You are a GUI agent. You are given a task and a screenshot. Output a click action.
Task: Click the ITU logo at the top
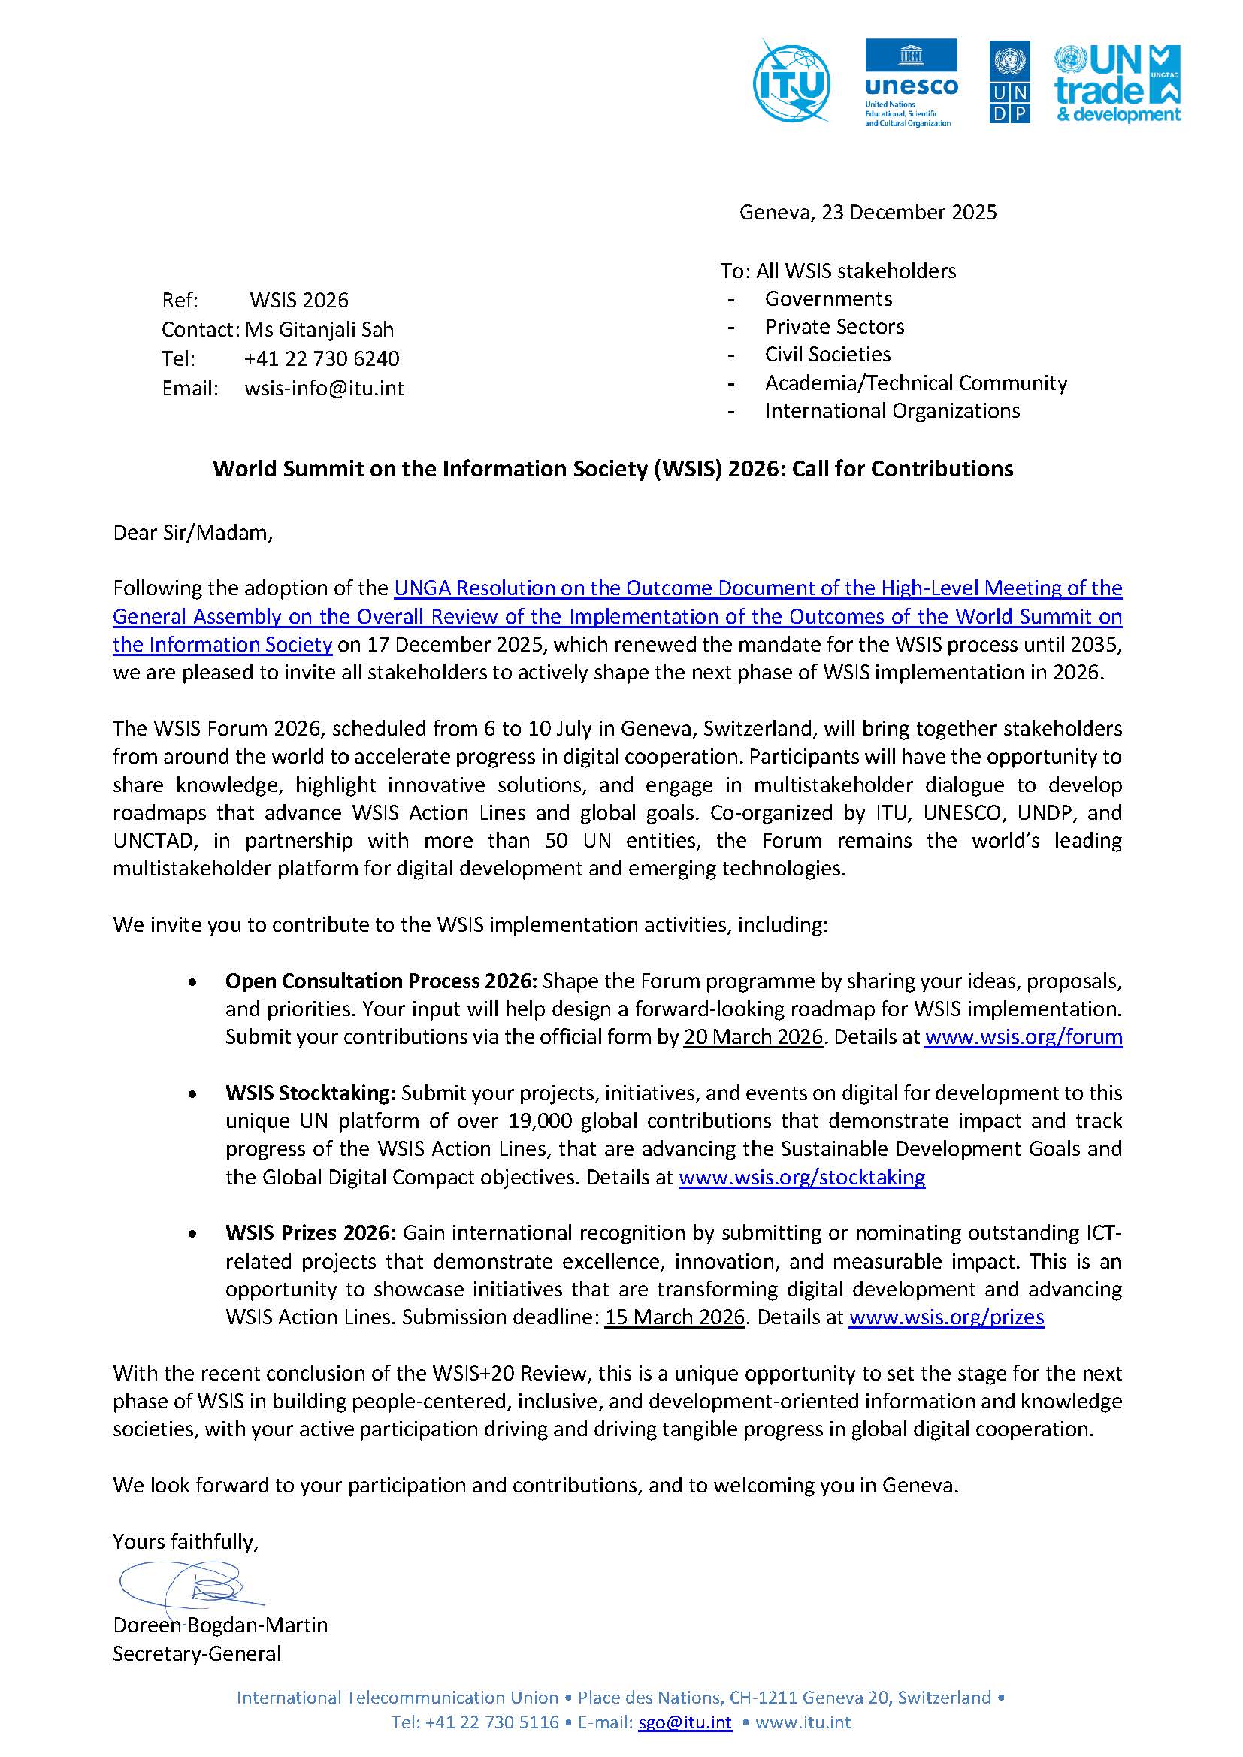[791, 81]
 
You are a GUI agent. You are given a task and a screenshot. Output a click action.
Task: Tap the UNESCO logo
[911, 82]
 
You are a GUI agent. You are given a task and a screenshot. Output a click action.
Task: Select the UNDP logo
[1009, 82]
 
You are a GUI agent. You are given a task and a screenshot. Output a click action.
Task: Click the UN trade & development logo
[1117, 83]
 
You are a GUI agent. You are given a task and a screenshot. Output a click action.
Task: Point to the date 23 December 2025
[909, 213]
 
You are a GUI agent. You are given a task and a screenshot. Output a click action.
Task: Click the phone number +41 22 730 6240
[322, 359]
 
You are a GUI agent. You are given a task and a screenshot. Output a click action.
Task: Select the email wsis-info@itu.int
[324, 389]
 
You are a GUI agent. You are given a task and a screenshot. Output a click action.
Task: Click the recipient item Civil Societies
[827, 354]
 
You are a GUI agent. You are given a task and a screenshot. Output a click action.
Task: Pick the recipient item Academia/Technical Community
[915, 383]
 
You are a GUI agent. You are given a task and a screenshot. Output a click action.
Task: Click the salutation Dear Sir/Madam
[193, 533]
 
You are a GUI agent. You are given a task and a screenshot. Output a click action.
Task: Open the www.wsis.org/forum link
[1023, 1037]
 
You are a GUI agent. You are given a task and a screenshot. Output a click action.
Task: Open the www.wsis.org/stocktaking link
[801, 1177]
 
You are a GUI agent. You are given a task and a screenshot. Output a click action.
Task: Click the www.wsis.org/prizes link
[946, 1317]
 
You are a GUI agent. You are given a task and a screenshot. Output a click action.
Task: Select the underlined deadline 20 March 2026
[752, 1037]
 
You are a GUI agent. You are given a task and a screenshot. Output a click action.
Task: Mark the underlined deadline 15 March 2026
[674, 1317]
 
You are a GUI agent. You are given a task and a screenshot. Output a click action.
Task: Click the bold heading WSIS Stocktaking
[310, 1093]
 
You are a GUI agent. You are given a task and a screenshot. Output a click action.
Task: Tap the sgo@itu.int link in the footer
[685, 1722]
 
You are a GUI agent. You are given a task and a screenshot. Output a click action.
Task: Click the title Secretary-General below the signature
[197, 1654]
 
